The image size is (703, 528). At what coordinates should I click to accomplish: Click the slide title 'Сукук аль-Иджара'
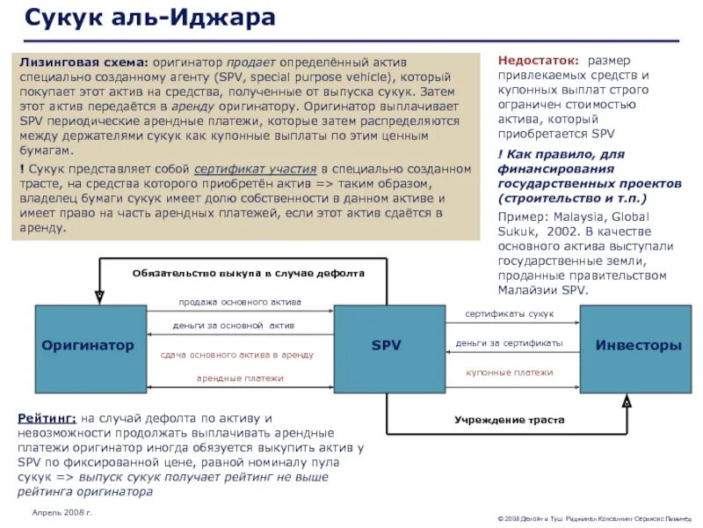point(149,18)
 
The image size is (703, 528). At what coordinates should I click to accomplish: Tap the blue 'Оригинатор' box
point(90,346)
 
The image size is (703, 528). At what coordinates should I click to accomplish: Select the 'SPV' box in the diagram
point(386,346)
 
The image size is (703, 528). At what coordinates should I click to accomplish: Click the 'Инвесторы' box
point(635,346)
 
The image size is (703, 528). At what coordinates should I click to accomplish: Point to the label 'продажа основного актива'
point(240,302)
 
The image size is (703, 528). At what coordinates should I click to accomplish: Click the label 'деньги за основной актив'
point(234,326)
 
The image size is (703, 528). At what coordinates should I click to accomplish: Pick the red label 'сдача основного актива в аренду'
point(237,355)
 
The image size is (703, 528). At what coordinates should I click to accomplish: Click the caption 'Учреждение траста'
point(510,421)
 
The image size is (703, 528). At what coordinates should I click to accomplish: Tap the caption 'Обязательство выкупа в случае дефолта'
point(248,274)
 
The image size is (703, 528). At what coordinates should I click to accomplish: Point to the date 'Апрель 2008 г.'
point(62,512)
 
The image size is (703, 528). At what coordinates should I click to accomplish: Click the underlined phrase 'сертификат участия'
point(256,168)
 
